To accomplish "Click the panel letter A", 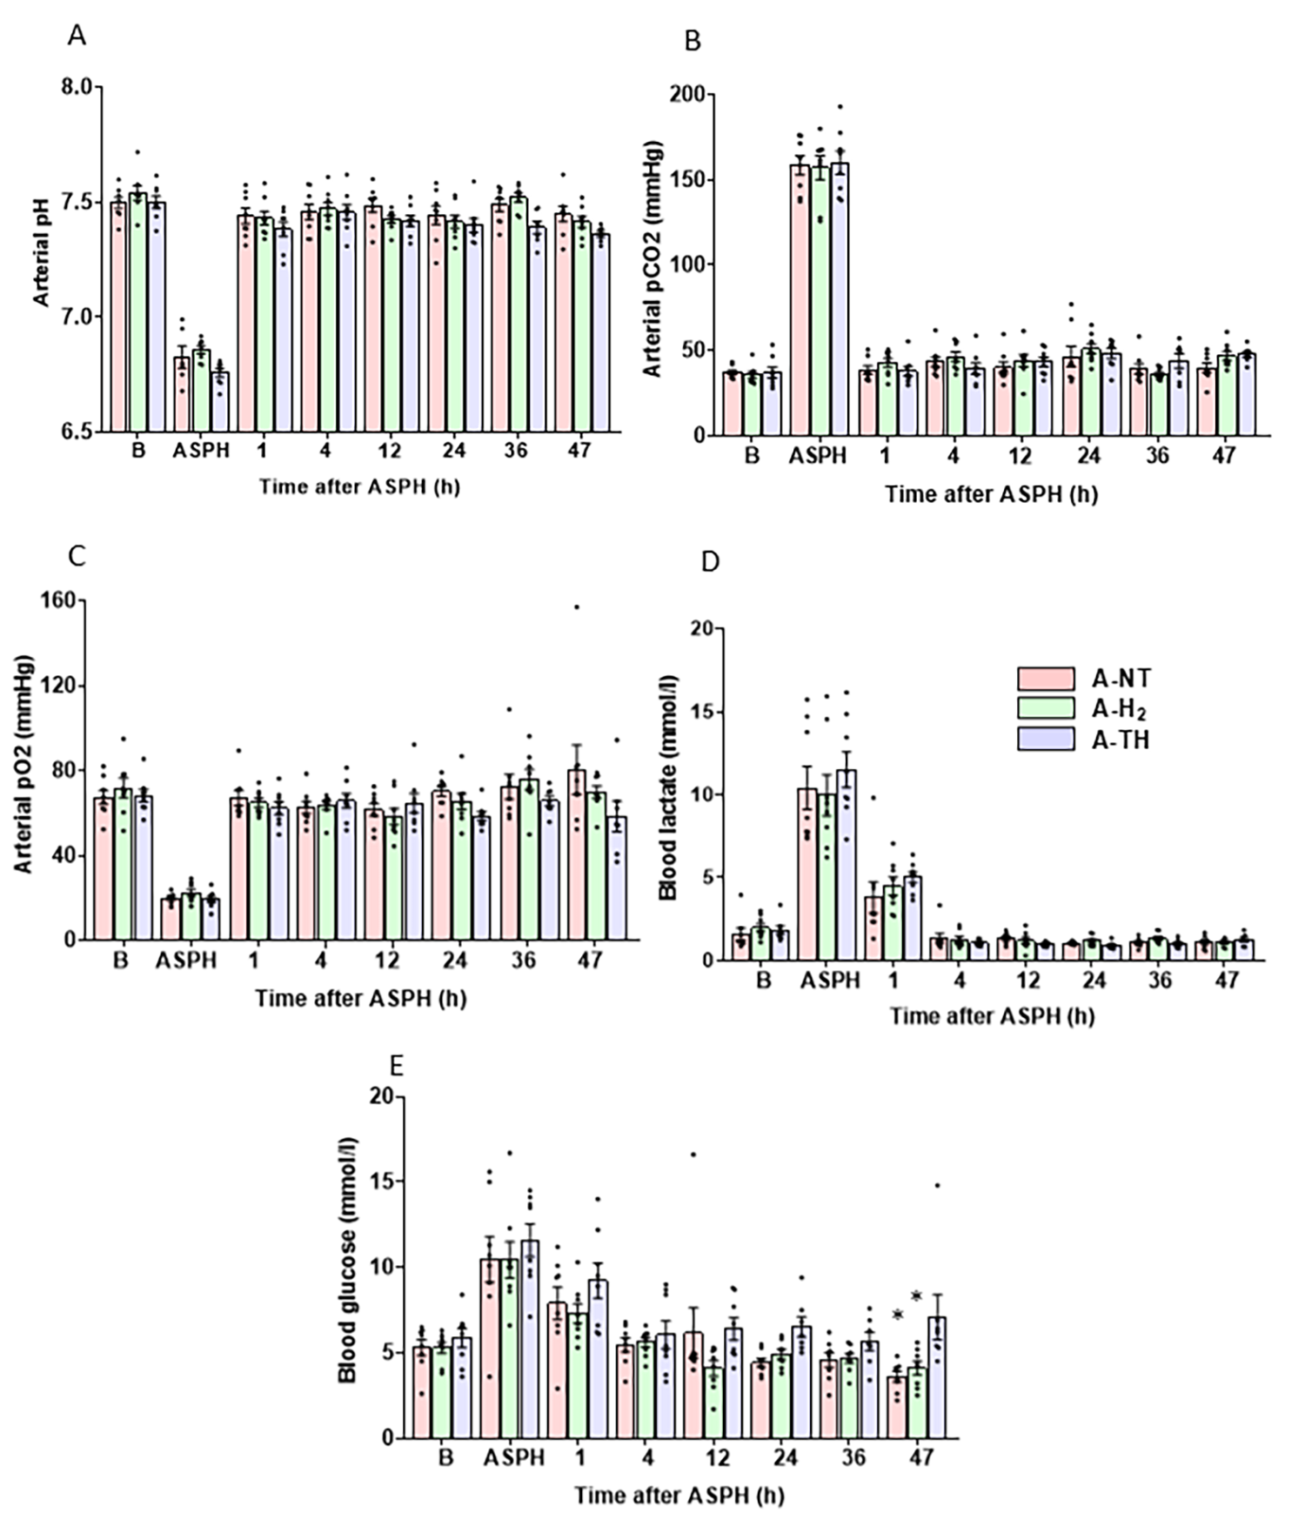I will [x=77, y=37].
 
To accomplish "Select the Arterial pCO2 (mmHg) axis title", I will [x=652, y=258].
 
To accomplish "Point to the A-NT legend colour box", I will [x=1045, y=679].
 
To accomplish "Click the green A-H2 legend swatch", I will [x=1045, y=708].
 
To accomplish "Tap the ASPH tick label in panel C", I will [x=186, y=961].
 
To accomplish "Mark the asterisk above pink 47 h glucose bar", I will [x=897, y=1315].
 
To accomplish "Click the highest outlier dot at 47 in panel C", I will [x=576, y=606].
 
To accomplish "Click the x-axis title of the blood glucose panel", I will [x=679, y=1495].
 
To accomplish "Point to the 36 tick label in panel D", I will [x=1159, y=981].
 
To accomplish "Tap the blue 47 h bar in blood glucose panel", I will [x=936, y=1377].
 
